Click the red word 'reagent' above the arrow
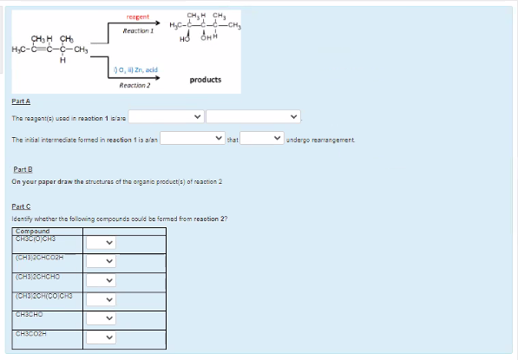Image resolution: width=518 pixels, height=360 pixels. [138, 16]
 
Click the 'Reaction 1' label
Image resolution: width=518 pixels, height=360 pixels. [138, 30]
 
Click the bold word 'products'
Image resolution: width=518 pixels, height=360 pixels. [205, 80]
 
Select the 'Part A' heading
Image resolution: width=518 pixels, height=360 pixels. [20, 101]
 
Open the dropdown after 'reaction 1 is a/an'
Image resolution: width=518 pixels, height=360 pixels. [192, 137]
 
